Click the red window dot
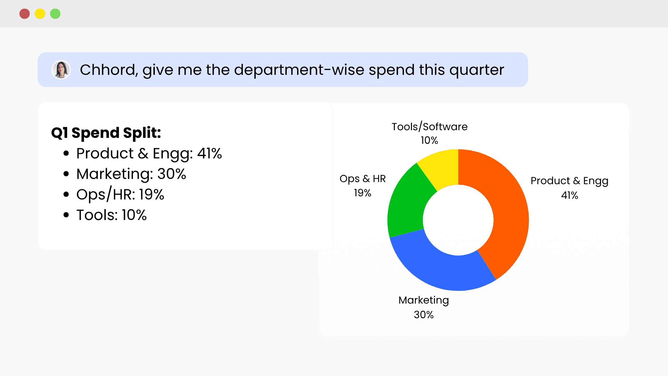click(x=24, y=14)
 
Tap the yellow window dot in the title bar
click(x=40, y=14)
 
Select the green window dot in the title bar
click(x=55, y=14)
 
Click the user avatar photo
click(x=61, y=70)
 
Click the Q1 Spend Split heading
click(x=106, y=133)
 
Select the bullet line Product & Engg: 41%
click(x=149, y=154)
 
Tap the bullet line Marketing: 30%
click(x=131, y=174)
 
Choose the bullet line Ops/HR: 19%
click(x=120, y=195)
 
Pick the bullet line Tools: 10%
click(x=111, y=215)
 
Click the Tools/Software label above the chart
click(x=429, y=127)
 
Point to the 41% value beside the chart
click(x=570, y=195)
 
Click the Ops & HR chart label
click(x=363, y=179)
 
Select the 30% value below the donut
click(x=423, y=315)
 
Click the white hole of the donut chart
click(x=458, y=220)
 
